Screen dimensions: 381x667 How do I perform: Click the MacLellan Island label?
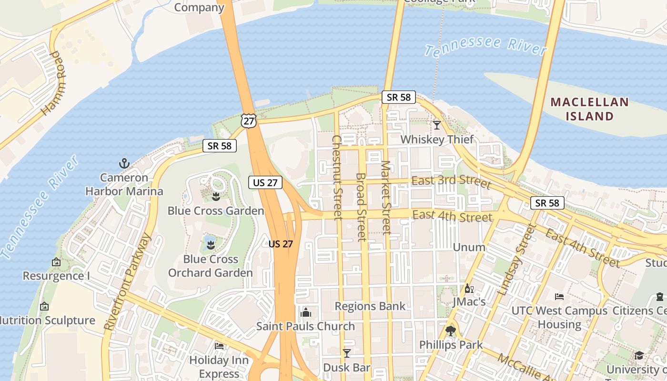589,109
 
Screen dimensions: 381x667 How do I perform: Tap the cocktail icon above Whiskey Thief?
436,125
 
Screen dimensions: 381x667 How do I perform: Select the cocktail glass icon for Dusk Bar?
346,353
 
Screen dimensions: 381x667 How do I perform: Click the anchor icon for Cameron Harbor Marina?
124,164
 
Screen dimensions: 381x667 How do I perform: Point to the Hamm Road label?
52,83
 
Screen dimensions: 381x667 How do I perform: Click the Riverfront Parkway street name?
128,282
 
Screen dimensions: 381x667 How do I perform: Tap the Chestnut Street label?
337,177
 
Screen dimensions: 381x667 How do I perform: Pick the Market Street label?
386,198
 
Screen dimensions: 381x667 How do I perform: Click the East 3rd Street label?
451,181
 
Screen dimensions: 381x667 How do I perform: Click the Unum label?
469,247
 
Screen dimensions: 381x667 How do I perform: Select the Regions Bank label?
370,306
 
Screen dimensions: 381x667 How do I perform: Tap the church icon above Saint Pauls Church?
305,312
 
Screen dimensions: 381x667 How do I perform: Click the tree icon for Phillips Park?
450,331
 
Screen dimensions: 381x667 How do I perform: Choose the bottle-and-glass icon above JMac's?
469,288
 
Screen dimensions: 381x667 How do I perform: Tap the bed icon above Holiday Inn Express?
219,346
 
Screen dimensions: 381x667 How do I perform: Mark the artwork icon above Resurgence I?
56,262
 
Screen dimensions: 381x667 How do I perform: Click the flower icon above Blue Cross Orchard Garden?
210,245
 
